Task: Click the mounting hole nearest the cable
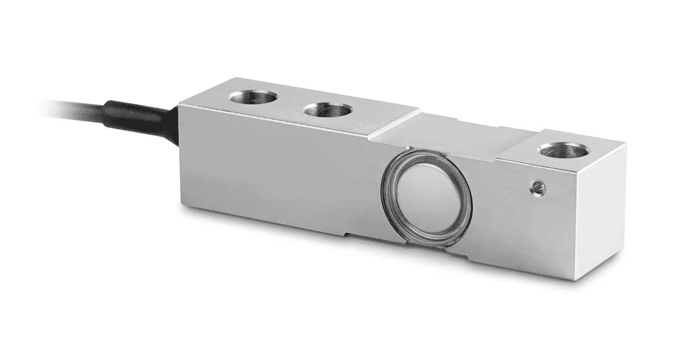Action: pyautogui.click(x=253, y=98)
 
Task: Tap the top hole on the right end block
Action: pyautogui.click(x=564, y=149)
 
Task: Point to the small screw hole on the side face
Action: pyautogui.click(x=538, y=187)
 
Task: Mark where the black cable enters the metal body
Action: pyautogui.click(x=179, y=119)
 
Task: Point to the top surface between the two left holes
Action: pyautogui.click(x=290, y=104)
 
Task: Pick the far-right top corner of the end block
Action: pyautogui.click(x=626, y=143)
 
